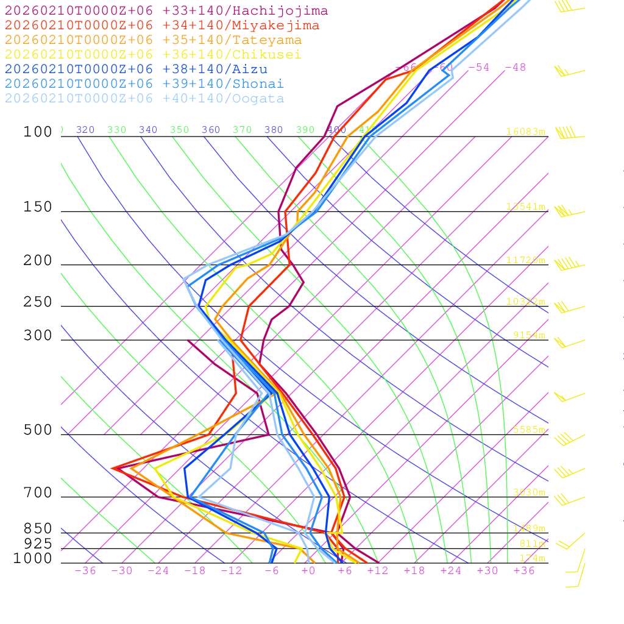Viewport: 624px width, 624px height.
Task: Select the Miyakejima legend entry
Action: [161, 26]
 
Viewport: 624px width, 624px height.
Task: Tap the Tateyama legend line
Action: [153, 40]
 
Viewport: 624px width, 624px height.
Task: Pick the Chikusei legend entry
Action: [153, 55]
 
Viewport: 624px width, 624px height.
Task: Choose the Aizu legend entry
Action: [136, 69]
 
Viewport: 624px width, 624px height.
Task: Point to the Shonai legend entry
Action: [144, 84]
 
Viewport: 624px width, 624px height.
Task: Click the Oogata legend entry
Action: [144, 99]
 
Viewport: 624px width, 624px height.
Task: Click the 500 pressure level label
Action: [38, 430]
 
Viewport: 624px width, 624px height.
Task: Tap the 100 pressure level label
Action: [38, 132]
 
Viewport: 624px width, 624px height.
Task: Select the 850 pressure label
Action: [38, 529]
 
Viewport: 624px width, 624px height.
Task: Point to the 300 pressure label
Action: [38, 336]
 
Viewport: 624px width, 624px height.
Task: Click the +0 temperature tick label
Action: [308, 571]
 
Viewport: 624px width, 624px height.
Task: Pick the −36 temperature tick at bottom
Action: [85, 571]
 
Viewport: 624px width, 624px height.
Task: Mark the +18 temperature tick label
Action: [414, 571]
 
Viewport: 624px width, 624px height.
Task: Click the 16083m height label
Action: [525, 132]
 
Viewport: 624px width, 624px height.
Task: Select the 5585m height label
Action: [528, 430]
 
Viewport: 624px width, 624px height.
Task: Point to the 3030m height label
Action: [528, 492]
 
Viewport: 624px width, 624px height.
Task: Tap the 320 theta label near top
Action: [85, 130]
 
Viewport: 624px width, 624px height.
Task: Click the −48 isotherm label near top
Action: [515, 68]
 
